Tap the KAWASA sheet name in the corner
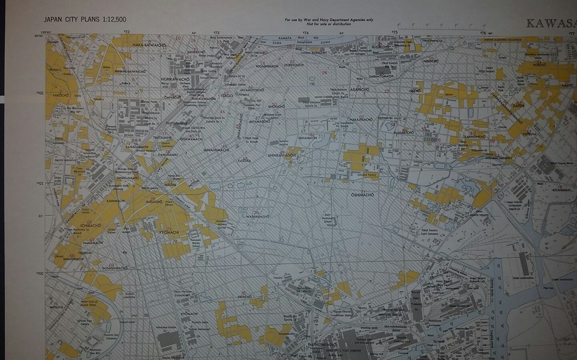(551, 23)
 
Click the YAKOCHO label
(61, 95)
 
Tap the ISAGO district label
(227, 96)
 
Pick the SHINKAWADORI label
(282, 155)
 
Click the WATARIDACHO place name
(255, 216)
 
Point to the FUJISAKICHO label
(403, 132)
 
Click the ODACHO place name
(244, 297)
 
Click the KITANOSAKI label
(564, 190)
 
